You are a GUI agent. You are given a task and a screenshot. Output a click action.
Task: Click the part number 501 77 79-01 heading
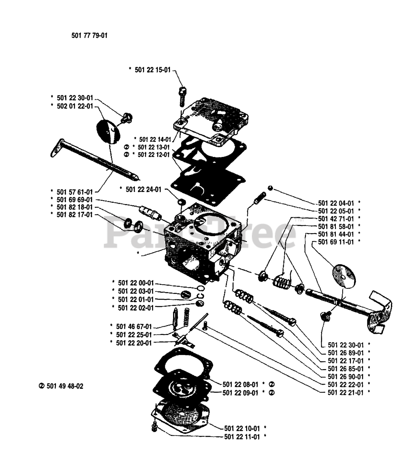pos(89,36)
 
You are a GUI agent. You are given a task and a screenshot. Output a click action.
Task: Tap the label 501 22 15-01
pos(153,70)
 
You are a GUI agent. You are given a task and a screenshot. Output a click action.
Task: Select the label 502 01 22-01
pos(75,106)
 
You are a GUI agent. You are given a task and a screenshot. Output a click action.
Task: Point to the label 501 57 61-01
pos(75,192)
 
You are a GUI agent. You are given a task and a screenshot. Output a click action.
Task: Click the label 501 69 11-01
pos(336,242)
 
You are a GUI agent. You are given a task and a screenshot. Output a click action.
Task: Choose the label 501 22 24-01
pos(144,189)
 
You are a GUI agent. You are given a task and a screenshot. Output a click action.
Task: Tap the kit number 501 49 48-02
pos(65,386)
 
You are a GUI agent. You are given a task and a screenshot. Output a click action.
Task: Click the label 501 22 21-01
pos(346,393)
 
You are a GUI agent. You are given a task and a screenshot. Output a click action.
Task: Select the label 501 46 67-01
pos(134,326)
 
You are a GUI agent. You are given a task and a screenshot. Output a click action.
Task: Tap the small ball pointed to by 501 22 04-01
pos(270,188)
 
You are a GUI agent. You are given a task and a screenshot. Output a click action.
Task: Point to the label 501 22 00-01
pos(136,283)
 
